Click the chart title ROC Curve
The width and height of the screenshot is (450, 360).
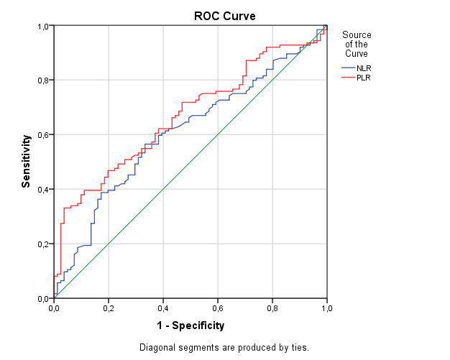(x=224, y=16)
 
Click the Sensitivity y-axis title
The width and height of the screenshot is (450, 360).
(x=26, y=163)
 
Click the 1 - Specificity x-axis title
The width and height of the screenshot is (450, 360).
(x=190, y=326)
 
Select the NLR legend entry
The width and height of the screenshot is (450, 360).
(x=364, y=68)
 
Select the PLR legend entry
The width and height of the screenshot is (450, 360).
(x=364, y=78)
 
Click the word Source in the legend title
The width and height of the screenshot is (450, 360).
(x=357, y=34)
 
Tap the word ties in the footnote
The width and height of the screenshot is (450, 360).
(x=299, y=348)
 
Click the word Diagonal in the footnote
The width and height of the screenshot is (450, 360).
(x=157, y=348)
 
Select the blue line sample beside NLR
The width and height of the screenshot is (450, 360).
(x=348, y=68)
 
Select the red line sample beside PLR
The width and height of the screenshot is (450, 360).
(x=348, y=78)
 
